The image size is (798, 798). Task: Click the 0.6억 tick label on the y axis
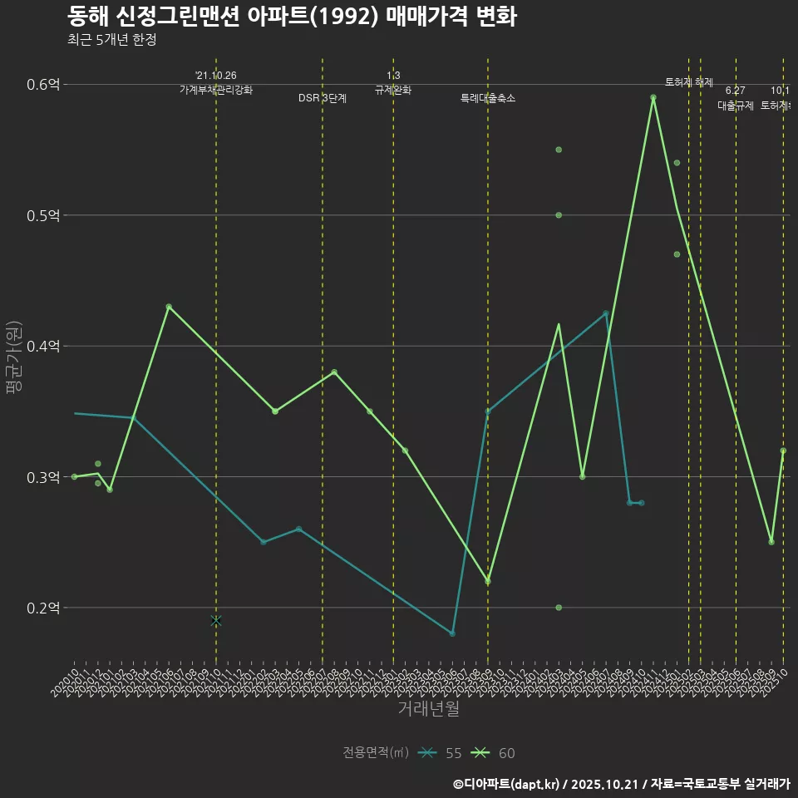44,85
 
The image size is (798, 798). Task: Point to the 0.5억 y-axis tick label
44,215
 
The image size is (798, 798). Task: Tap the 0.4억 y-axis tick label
44,346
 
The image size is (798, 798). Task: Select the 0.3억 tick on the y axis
44,477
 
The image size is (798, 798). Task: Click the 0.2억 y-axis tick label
44,608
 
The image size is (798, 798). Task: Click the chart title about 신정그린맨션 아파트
292,17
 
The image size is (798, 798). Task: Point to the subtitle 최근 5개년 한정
111,39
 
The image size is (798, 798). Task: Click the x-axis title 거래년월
428,709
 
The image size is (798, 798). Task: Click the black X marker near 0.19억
216,621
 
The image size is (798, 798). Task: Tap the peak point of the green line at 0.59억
653,97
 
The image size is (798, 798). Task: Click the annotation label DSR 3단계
323,98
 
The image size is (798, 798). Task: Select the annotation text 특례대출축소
488,98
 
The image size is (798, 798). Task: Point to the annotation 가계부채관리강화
216,89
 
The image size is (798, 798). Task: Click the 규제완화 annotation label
393,89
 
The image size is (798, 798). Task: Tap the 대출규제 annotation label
736,106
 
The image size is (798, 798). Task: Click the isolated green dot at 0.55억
559,150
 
